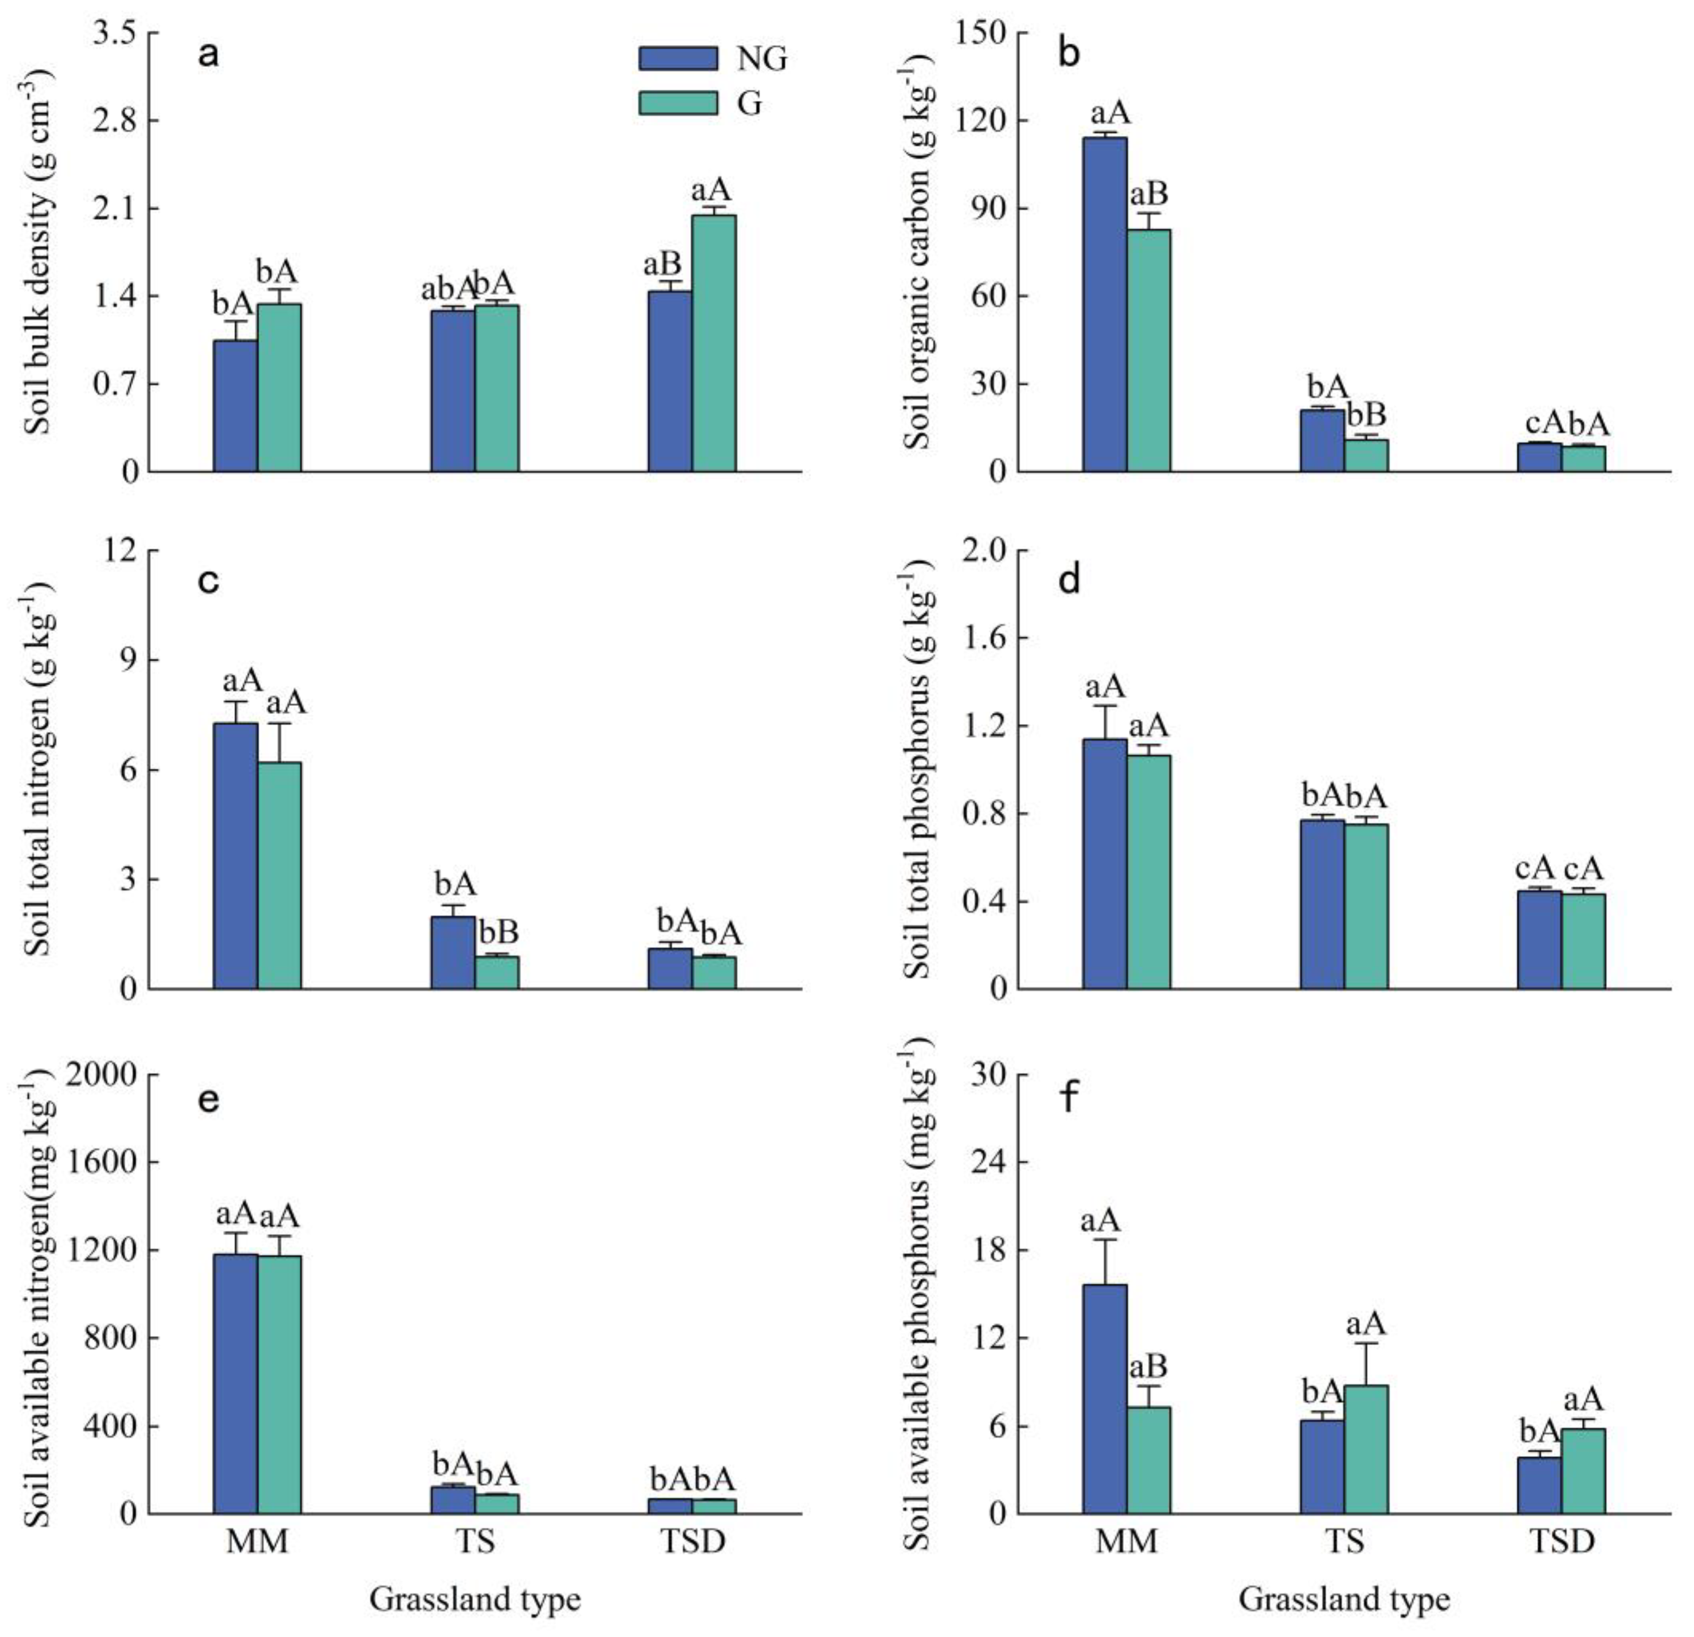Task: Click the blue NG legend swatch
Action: click(x=678, y=58)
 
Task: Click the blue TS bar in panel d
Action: click(x=1322, y=903)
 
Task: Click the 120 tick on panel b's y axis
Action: click(x=984, y=120)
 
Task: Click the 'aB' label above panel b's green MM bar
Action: click(x=1148, y=194)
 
